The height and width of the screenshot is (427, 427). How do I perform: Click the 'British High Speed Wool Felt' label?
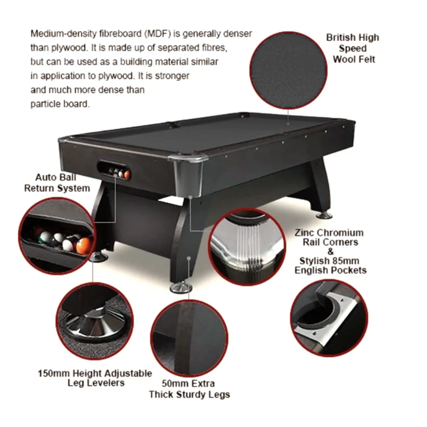point(353,48)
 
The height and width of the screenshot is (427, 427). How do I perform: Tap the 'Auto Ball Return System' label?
point(57,183)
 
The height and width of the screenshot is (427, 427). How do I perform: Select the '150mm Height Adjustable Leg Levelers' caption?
point(95,378)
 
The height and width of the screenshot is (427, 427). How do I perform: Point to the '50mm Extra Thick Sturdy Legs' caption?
point(189,389)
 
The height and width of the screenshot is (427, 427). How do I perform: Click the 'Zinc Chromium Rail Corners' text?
point(330,237)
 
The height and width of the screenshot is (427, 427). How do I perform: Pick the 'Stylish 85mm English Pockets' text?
point(330,266)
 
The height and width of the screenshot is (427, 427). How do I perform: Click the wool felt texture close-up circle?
point(289,70)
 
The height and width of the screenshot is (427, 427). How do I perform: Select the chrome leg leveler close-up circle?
point(95,321)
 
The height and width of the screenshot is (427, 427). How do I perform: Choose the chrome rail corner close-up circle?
point(247,247)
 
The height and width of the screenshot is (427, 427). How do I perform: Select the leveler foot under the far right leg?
point(324,216)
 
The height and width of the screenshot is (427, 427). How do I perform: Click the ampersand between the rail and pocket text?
point(330,251)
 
